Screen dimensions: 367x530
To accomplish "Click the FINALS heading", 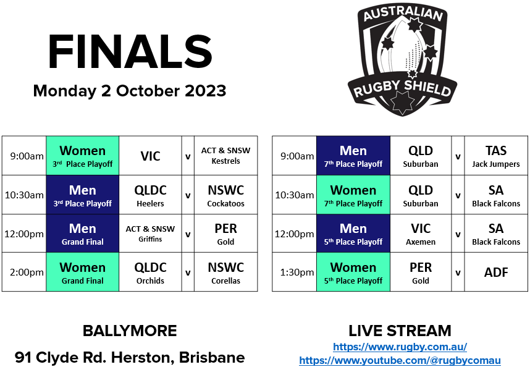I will coord(130,52).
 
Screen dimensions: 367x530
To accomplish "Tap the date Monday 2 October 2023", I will coord(130,91).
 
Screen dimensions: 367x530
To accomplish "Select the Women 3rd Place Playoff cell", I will coord(82,156).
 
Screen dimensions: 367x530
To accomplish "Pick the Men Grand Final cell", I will coord(82,234).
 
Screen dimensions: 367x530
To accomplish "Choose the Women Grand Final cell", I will coord(82,272).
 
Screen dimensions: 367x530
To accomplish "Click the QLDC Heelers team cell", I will coord(150,195).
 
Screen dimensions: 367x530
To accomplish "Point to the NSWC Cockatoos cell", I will coord(225,195).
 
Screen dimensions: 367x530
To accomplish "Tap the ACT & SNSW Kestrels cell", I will coord(225,156).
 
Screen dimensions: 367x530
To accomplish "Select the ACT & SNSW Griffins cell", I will coord(150,234).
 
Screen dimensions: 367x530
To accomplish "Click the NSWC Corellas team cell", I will coord(225,272).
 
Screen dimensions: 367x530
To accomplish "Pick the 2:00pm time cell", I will coord(24,272).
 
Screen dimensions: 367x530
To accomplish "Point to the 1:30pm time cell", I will coord(294,272).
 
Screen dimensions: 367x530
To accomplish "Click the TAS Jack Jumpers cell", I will coord(496,156).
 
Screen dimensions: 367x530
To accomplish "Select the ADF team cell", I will coord(496,272).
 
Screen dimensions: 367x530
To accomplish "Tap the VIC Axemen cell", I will coord(421,234).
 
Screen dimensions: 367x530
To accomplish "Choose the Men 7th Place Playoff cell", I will coord(353,156).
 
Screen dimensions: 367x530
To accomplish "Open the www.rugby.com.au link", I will coord(400,347).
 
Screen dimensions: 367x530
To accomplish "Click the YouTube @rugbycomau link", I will coord(400,360).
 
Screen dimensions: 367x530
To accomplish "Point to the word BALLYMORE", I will coord(130,331).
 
